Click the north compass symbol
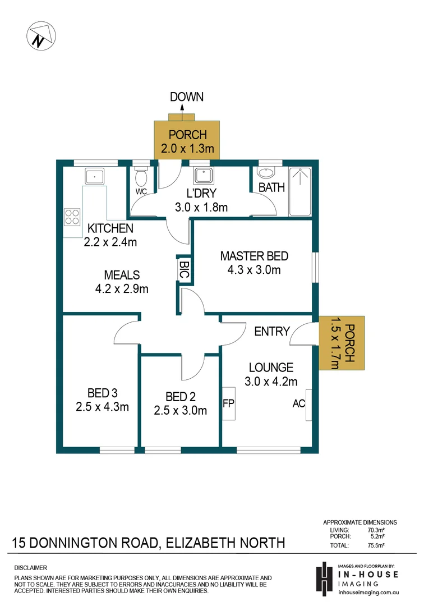(x=40, y=35)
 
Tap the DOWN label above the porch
(x=187, y=97)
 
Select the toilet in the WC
(x=141, y=178)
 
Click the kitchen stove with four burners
(x=72, y=217)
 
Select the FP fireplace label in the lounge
(x=228, y=403)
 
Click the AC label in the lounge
(x=298, y=403)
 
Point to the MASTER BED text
(x=254, y=256)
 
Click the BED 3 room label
(x=102, y=392)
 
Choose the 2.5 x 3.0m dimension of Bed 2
(x=180, y=410)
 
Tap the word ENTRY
(x=272, y=331)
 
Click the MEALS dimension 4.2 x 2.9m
(x=121, y=290)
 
